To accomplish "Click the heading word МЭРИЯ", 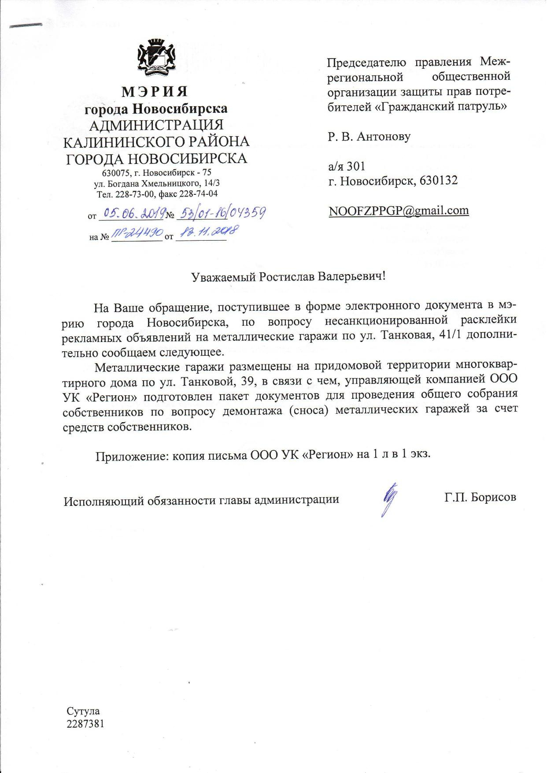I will click(x=155, y=92).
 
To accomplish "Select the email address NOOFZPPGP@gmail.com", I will click(x=399, y=211).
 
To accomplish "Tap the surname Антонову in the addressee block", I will click(x=383, y=137).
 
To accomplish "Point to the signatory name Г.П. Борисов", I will click(x=480, y=498).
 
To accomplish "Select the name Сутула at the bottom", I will click(x=83, y=711).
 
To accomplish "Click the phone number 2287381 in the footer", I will click(x=85, y=723).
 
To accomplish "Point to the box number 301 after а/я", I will click(x=356, y=167).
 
